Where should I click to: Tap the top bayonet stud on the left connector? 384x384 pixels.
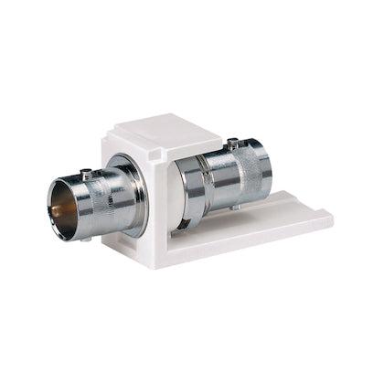tap(87, 173)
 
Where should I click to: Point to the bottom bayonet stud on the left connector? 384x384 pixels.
tap(89, 240)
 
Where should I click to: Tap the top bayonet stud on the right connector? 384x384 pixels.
tap(234, 142)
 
